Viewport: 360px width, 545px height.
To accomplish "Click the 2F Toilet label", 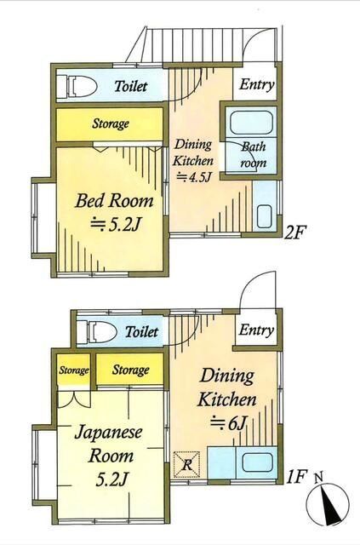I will point(130,86).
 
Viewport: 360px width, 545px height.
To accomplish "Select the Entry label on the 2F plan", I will point(255,84).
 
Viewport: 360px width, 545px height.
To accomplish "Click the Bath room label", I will point(253,153).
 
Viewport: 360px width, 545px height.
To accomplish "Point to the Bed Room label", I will point(114,202).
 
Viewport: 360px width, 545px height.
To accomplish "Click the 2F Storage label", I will point(111,124).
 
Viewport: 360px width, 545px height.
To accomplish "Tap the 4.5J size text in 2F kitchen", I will point(195,177).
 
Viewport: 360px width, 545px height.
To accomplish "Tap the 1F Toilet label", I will point(141,331).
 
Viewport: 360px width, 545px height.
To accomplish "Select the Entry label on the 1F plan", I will point(256,330).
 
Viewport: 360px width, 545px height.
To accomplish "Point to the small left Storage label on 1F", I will point(73,370).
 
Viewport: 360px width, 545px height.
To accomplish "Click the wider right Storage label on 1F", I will point(130,370).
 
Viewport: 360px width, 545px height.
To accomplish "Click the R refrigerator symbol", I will point(186,464).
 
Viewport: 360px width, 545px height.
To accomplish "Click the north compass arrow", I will point(328,507).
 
